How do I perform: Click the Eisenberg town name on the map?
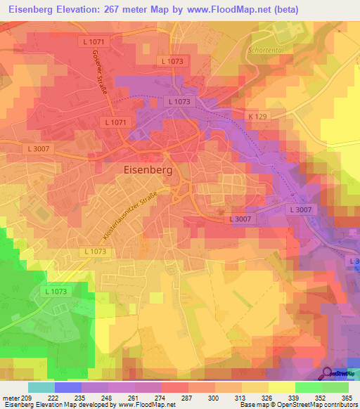click(148, 169)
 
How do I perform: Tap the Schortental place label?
click(266, 51)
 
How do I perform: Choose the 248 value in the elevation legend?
click(103, 397)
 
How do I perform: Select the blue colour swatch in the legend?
click(68, 387)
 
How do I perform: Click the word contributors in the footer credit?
click(338, 405)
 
